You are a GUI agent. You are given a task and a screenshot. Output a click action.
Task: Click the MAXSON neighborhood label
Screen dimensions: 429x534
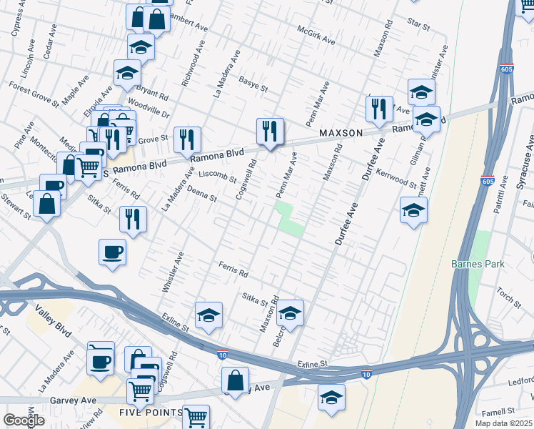click(x=342, y=133)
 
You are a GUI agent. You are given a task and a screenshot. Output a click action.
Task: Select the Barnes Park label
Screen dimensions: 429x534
click(x=478, y=264)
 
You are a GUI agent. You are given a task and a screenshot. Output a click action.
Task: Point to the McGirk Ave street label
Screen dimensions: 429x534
click(x=316, y=36)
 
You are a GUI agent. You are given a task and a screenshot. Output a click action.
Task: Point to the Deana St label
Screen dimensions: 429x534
click(x=201, y=195)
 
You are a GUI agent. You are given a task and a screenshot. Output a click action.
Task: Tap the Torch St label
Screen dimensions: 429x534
click(x=510, y=294)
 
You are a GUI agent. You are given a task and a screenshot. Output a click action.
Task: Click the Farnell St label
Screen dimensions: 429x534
click(x=498, y=411)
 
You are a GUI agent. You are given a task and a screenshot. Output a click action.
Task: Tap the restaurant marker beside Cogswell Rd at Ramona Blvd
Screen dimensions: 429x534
click(x=270, y=130)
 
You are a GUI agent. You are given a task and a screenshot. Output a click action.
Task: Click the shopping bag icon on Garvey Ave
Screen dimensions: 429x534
click(x=235, y=380)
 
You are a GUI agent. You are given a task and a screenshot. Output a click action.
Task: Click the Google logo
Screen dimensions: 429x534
click(x=24, y=420)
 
